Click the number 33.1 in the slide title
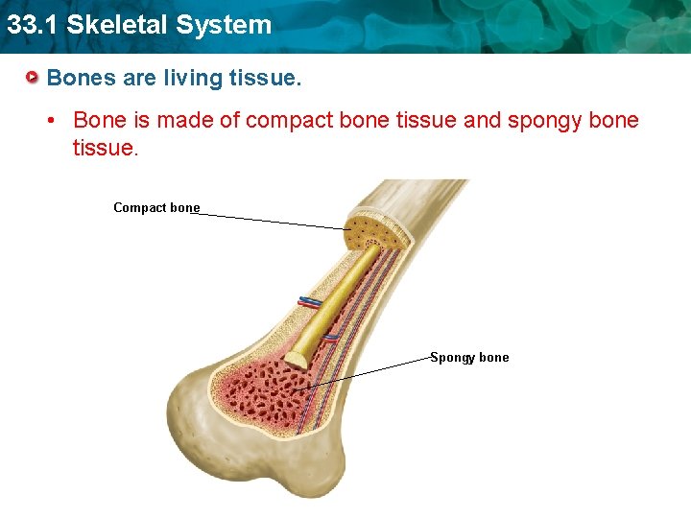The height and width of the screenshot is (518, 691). pyautogui.click(x=28, y=24)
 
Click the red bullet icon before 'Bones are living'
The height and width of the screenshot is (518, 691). pyautogui.click(x=34, y=77)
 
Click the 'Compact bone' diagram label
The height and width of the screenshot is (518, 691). pyautogui.click(x=156, y=207)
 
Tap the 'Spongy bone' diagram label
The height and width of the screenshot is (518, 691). pyautogui.click(x=469, y=357)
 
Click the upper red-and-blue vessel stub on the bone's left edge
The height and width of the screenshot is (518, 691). pyautogui.click(x=308, y=301)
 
